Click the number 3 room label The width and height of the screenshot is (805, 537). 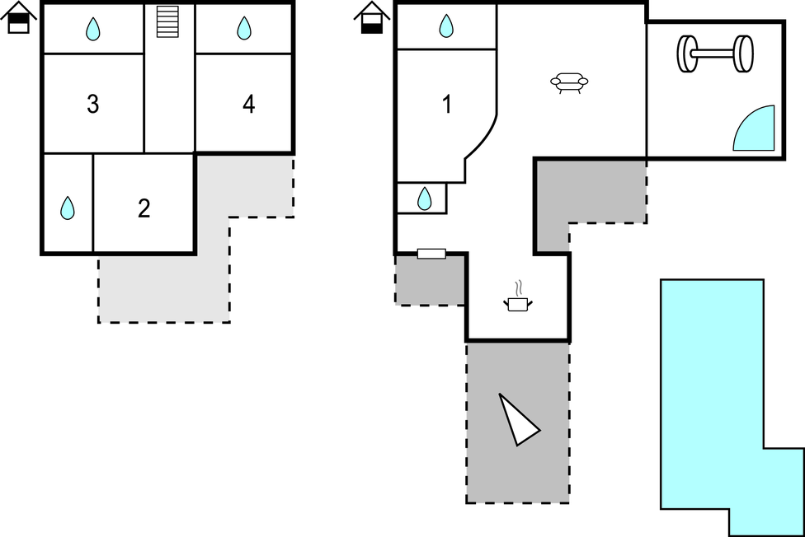coord(93,105)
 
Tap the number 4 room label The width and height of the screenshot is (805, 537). coord(248,105)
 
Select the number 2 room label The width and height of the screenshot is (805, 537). coord(144,209)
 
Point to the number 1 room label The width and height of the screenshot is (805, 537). coord(447,105)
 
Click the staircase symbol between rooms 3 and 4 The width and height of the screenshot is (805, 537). coord(168,21)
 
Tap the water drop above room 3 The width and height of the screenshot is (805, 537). coord(93,30)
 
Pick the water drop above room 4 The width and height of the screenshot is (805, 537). coord(244,29)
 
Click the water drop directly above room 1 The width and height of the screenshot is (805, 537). coord(446,26)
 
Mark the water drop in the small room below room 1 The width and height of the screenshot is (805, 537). coord(424,198)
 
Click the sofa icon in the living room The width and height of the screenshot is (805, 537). coord(570,82)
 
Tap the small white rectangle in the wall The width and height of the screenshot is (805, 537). coord(431,254)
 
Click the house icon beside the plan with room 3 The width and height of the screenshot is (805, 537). coord(19,18)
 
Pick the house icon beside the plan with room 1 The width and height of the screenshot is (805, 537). coord(372,18)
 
